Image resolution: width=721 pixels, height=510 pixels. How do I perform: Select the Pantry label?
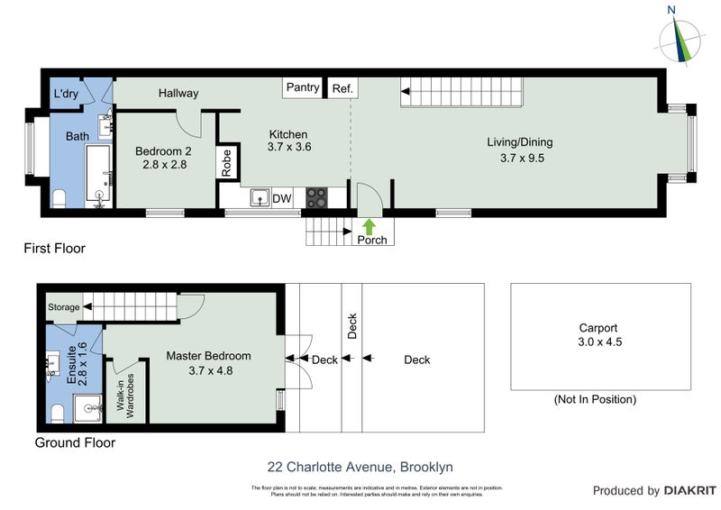303,87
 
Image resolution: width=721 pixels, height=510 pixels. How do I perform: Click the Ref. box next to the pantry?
342,88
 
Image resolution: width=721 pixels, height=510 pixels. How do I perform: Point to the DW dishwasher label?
282,198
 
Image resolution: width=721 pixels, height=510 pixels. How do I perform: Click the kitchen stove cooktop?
316,197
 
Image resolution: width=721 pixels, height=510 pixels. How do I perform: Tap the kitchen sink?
260,197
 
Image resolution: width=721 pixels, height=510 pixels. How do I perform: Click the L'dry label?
66,94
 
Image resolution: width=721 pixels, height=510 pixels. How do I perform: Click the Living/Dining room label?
519,150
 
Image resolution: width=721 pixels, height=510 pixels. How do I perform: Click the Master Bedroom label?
208,363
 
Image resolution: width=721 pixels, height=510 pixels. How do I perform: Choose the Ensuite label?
76,364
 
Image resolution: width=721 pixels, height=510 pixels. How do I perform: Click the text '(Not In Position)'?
596,399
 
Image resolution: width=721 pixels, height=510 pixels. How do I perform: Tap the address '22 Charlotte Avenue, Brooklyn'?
360,467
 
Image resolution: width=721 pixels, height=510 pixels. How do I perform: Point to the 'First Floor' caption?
54,248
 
